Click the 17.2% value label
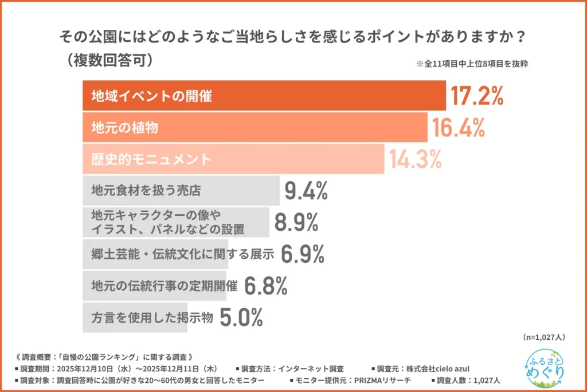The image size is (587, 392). pyautogui.click(x=476, y=96)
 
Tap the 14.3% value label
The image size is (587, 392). pyautogui.click(x=416, y=159)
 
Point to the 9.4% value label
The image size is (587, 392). pyautogui.click(x=306, y=191)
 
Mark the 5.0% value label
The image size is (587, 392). pyautogui.click(x=241, y=317)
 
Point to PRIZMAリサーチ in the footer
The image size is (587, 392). pyautogui.click(x=374, y=380)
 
